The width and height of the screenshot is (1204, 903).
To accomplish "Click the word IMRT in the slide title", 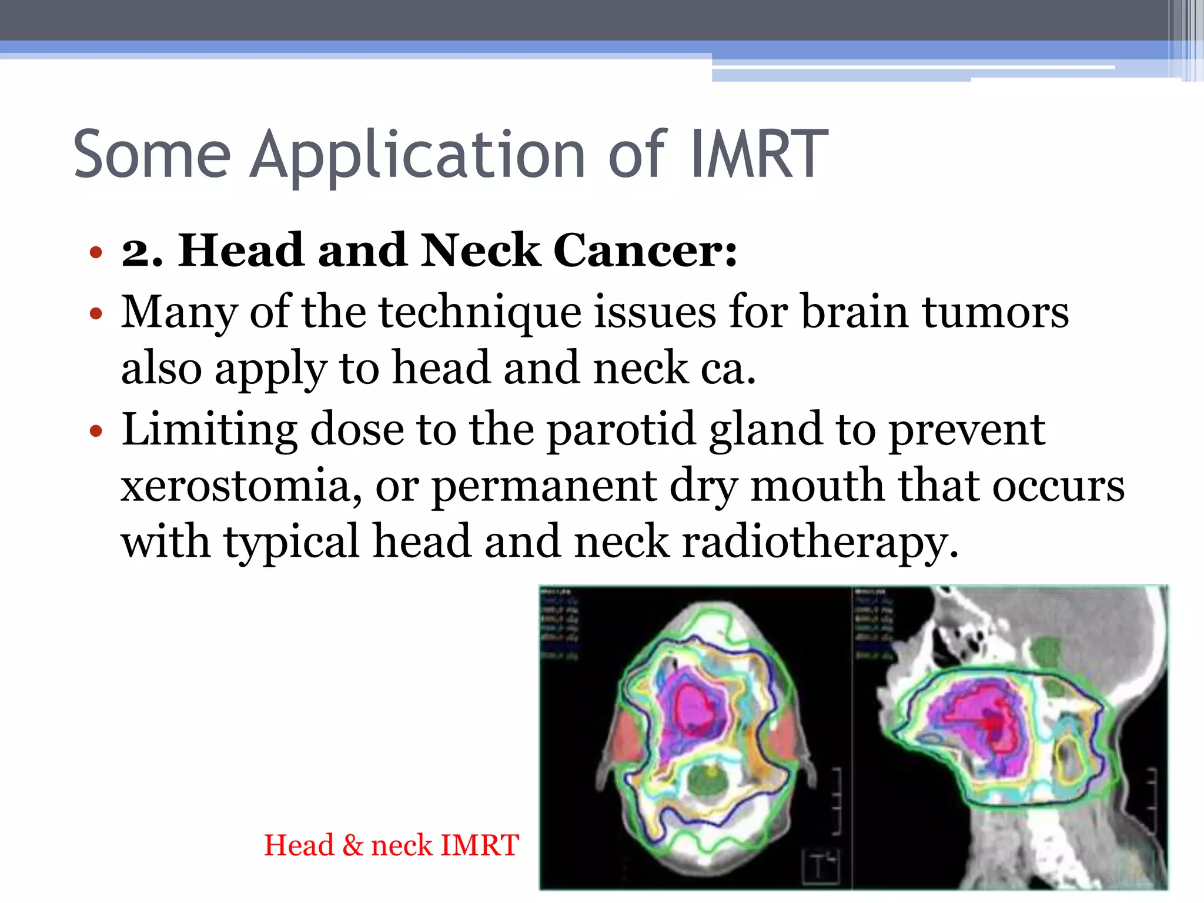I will [758, 155].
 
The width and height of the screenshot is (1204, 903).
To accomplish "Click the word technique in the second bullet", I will [480, 312].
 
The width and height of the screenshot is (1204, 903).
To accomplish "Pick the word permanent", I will [544, 487].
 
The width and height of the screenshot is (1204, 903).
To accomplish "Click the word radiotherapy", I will [820, 542].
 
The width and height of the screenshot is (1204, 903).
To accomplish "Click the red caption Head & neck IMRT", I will [392, 845].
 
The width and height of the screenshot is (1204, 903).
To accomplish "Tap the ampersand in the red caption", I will [353, 845].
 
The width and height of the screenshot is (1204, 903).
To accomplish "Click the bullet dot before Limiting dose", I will [96, 432].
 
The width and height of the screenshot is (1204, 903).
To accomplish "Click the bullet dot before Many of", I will [96, 314].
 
